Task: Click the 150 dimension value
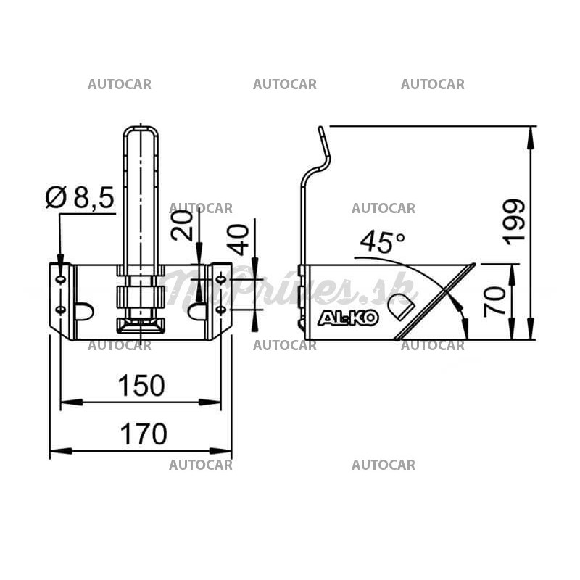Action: click(141, 386)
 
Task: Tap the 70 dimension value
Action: click(494, 300)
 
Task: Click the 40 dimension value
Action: click(239, 239)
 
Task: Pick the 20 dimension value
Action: click(184, 225)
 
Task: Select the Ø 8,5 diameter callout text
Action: click(80, 197)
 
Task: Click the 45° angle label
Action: click(382, 242)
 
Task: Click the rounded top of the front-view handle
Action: click(141, 130)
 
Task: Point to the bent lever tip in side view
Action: click(320, 130)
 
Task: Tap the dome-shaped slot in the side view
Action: click(405, 307)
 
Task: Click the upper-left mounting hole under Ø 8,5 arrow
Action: click(61, 278)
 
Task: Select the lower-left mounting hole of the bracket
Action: click(61, 310)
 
